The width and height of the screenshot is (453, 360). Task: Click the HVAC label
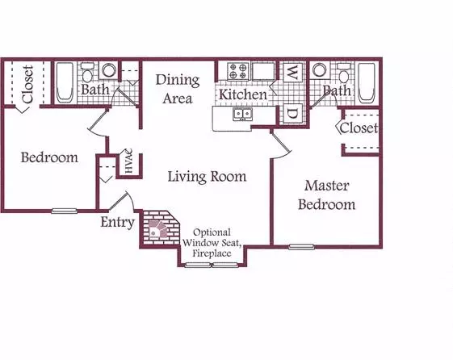(128, 161)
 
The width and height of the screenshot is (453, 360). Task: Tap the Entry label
(118, 223)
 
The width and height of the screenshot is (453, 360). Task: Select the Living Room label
(207, 177)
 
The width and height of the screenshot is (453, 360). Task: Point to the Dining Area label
(178, 90)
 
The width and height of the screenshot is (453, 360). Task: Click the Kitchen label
(243, 94)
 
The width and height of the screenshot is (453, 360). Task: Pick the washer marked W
(292, 73)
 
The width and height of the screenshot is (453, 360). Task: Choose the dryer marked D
(292, 114)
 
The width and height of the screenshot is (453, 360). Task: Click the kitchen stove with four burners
(238, 71)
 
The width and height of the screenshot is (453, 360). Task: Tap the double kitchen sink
(242, 114)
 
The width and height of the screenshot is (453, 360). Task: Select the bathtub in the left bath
(65, 82)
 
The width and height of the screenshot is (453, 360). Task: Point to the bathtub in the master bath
(367, 82)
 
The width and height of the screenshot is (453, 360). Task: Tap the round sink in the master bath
(319, 70)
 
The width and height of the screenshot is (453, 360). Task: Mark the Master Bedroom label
(327, 195)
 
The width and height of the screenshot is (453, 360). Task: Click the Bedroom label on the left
(49, 157)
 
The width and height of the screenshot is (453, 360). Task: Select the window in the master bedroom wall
(301, 246)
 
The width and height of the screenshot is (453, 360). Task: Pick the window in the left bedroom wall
(64, 211)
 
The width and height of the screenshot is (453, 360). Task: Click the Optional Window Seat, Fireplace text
(212, 243)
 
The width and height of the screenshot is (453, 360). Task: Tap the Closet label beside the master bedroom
(359, 128)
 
